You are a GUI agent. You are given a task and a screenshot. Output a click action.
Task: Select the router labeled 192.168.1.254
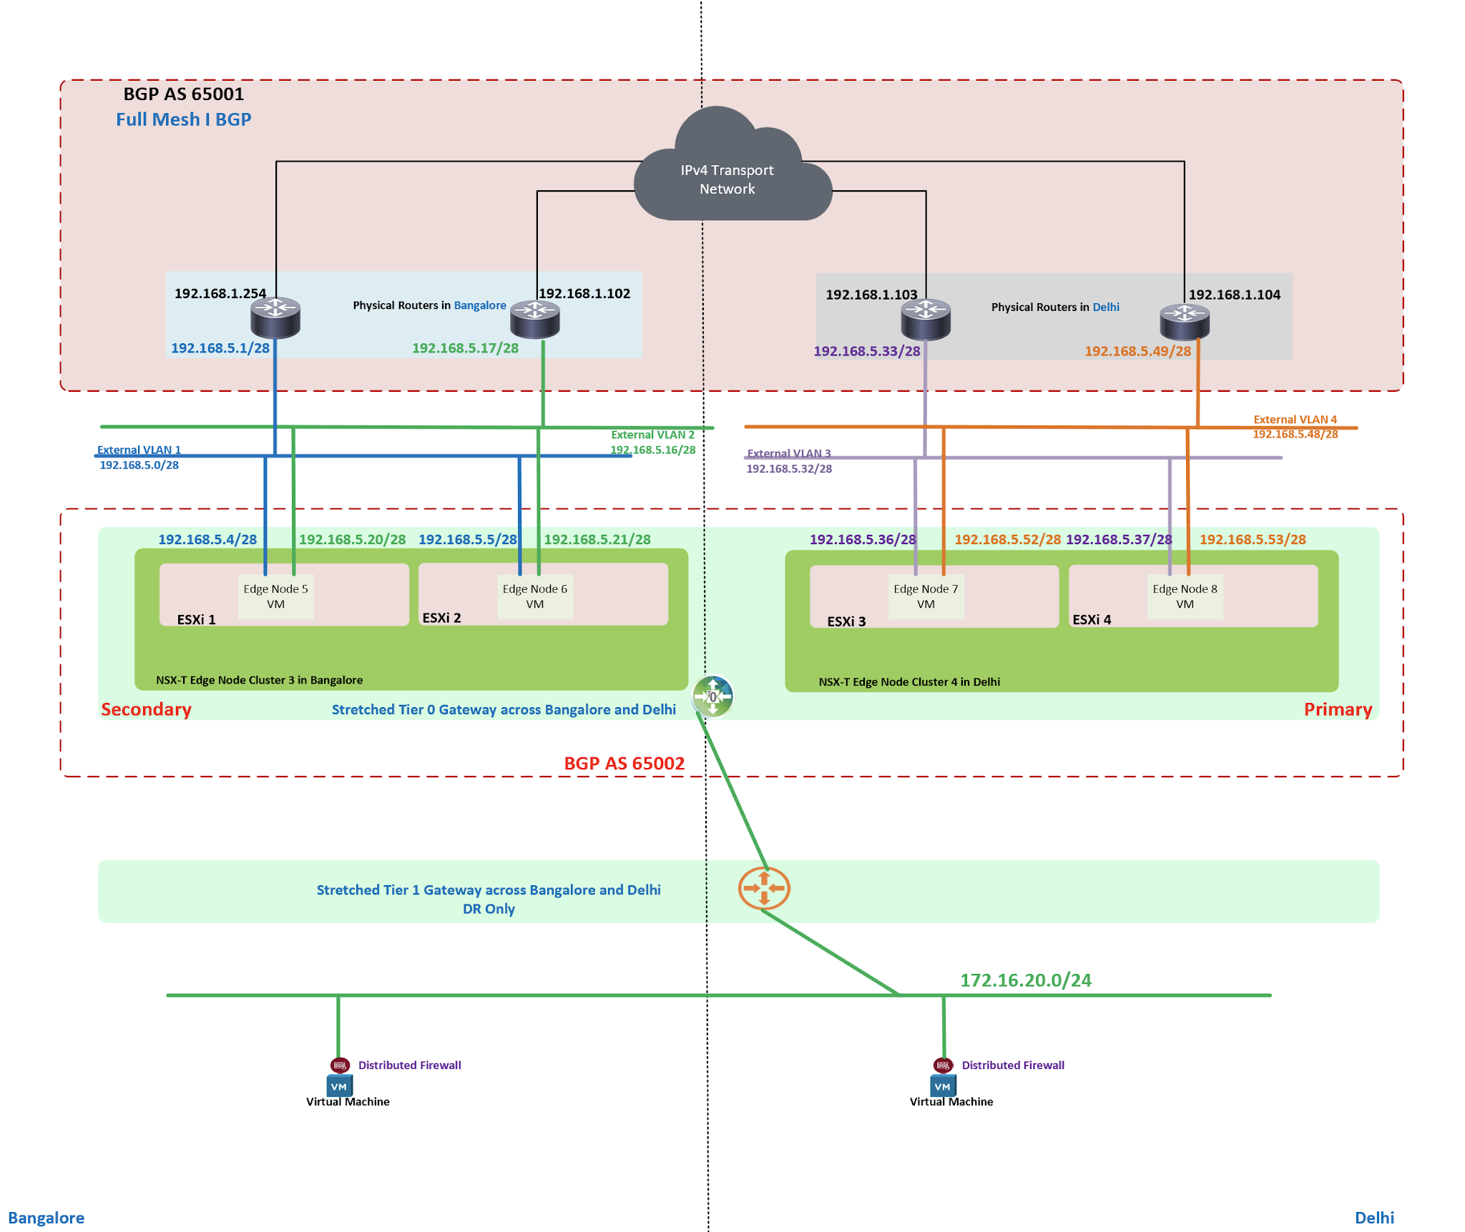(275, 317)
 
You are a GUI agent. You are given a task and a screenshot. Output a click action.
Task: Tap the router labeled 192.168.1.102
(535, 319)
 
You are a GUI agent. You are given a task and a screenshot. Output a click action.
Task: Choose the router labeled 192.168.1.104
(1185, 321)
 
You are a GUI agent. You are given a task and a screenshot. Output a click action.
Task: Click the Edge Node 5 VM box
(275, 596)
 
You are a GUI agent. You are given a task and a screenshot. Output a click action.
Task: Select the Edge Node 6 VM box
(535, 596)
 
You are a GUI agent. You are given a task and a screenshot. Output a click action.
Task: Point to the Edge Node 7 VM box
(926, 596)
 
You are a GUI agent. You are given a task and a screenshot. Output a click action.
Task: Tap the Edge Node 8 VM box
(1185, 596)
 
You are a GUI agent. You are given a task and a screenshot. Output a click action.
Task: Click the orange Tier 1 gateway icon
(764, 888)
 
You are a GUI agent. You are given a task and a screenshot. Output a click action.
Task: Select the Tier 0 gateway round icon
(713, 696)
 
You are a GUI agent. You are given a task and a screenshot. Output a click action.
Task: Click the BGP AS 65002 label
(624, 764)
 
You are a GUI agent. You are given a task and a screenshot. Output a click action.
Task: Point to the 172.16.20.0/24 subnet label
(1025, 980)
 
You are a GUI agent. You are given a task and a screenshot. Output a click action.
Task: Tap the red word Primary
(1338, 709)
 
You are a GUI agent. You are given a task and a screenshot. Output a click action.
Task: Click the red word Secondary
(146, 709)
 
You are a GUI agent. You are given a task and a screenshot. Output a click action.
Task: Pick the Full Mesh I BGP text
(184, 119)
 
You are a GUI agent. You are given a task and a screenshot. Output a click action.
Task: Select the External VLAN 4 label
(1295, 420)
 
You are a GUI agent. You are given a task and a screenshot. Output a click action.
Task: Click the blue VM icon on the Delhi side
(943, 1086)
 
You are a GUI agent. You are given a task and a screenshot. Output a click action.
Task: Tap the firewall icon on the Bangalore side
(340, 1065)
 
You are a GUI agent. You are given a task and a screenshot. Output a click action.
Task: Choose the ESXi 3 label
(846, 621)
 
